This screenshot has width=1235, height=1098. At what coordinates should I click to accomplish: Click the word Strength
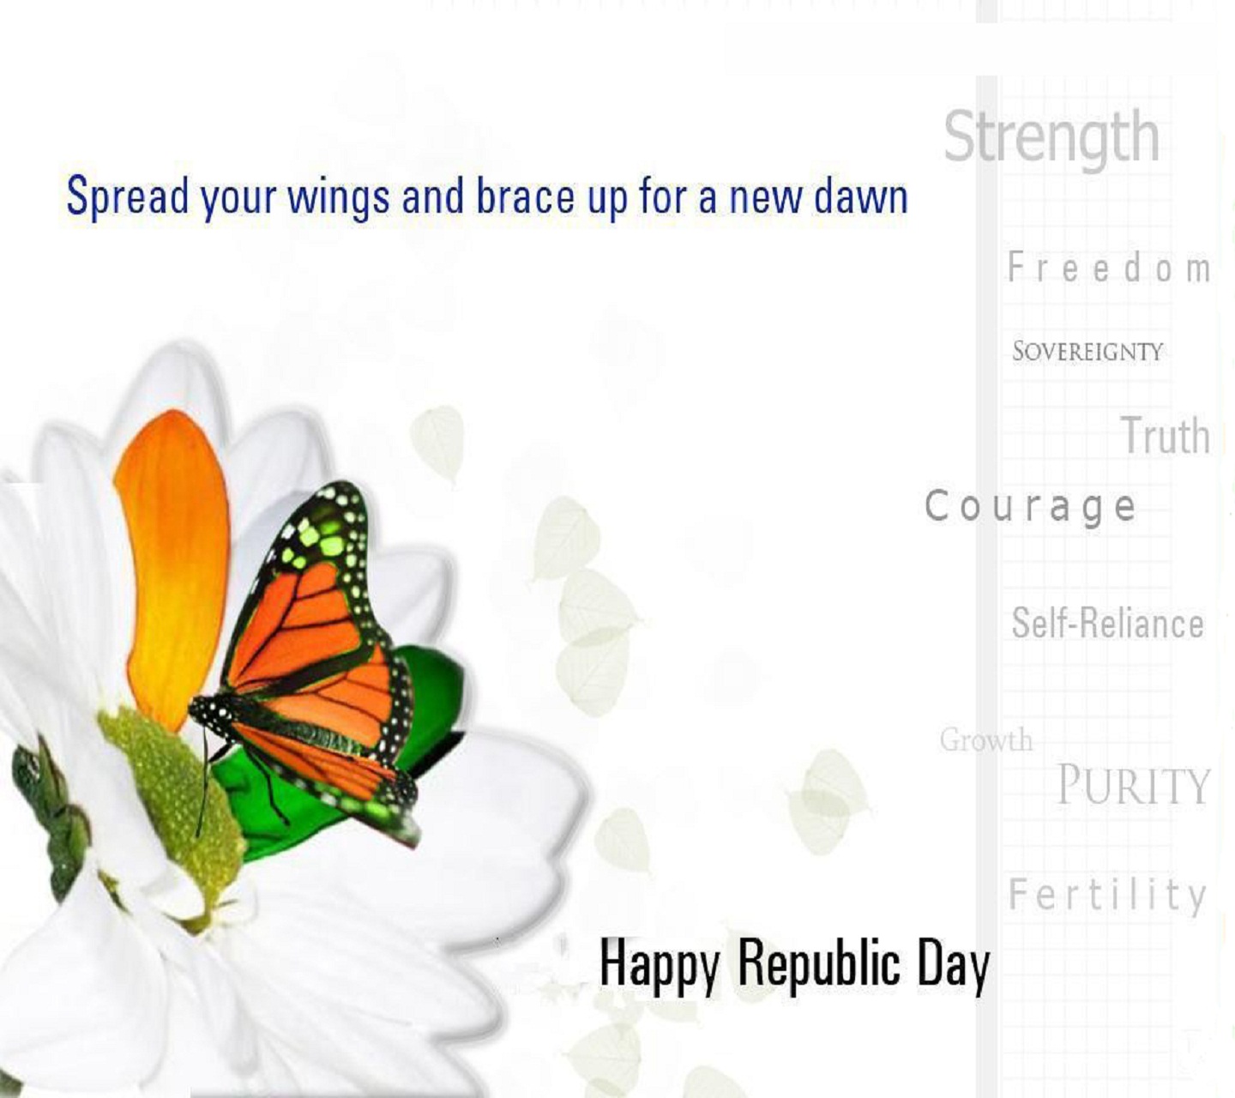(x=1051, y=139)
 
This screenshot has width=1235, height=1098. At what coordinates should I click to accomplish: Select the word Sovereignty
(x=1087, y=351)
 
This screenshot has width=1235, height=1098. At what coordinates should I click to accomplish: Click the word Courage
(x=1030, y=507)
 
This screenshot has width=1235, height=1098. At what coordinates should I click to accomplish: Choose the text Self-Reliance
(x=1107, y=623)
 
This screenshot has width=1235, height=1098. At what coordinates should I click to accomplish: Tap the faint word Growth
(x=985, y=739)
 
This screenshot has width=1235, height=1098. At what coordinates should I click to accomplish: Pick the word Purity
(x=1133, y=785)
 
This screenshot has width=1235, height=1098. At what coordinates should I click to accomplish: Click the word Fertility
(x=1107, y=895)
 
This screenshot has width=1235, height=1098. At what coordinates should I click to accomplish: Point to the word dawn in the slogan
(x=861, y=196)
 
